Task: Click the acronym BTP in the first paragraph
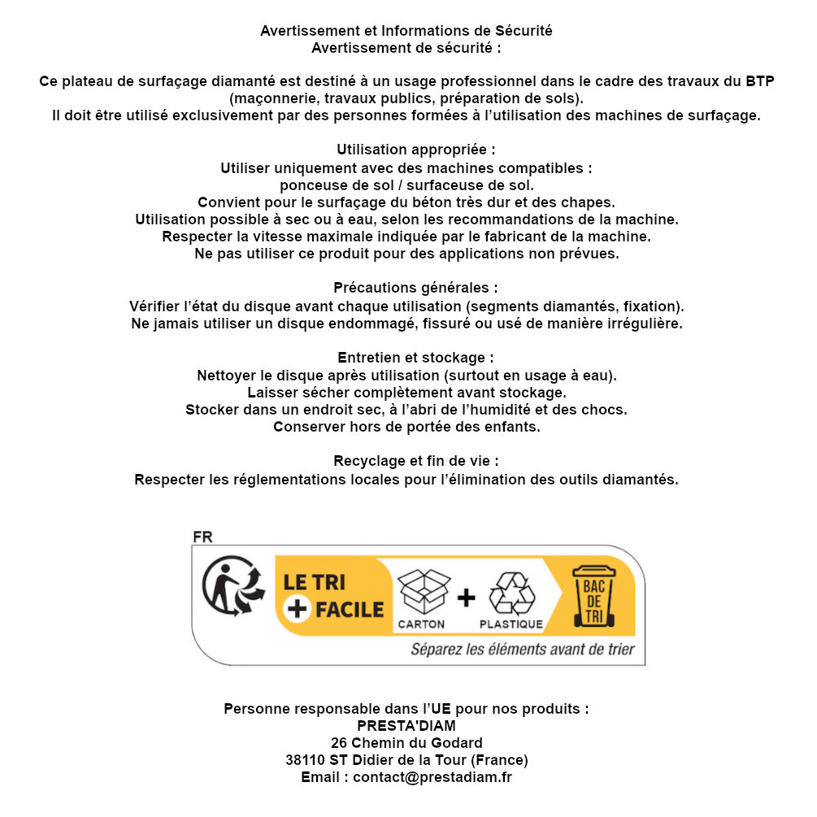pos(760,81)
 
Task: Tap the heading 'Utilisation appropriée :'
pos(415,150)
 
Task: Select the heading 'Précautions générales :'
pos(415,289)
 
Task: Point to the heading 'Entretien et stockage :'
pos(415,358)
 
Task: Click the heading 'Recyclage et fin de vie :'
pos(415,461)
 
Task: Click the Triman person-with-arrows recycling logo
pos(233,589)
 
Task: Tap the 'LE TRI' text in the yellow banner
pos(313,582)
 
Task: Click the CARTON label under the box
pos(421,624)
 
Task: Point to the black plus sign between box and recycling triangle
pos(466,598)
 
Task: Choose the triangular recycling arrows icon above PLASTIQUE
pos(511,593)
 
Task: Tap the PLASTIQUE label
pos(511,624)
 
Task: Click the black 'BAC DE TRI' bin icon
pos(594,598)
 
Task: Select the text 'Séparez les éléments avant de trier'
pos(522,650)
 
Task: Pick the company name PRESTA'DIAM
pos(406,726)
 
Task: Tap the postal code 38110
pos(305,760)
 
